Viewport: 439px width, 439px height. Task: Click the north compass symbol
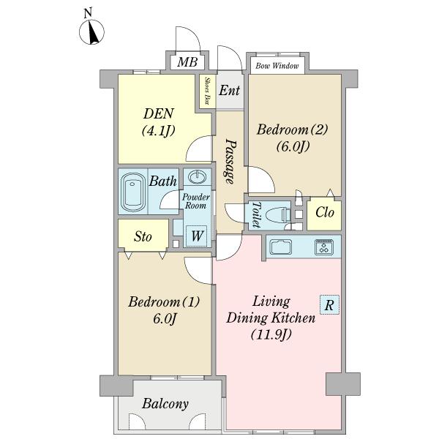coord(91,31)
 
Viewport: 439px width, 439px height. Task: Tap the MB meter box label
coord(187,62)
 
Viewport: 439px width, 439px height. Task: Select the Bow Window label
coord(277,66)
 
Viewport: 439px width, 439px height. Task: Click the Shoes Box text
coord(208,91)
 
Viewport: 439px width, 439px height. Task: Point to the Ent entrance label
coord(229,91)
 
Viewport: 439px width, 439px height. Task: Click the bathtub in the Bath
coord(133,192)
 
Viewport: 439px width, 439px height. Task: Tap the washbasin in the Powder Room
coord(197,177)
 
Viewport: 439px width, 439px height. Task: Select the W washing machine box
coord(197,236)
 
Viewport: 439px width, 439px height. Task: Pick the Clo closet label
coord(325,212)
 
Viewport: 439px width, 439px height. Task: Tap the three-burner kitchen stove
coord(324,247)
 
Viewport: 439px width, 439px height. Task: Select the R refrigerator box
coord(329,304)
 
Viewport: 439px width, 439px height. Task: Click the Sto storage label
coord(143,237)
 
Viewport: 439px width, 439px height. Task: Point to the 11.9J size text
coord(271,334)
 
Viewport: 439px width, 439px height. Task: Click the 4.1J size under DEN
coord(159,131)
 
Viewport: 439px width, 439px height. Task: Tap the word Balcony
coord(165,404)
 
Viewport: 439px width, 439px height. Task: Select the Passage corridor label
coord(231,162)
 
